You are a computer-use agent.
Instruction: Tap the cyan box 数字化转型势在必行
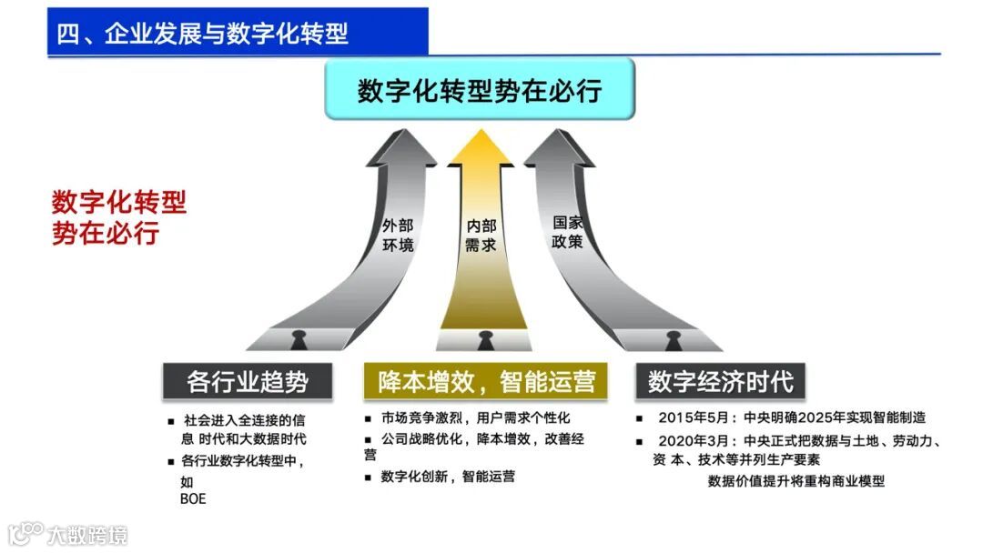pos(480,90)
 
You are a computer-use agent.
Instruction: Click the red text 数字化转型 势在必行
pos(118,217)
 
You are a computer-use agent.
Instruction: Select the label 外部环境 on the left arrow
pos(398,236)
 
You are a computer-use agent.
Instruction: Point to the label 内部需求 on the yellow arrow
pos(481,236)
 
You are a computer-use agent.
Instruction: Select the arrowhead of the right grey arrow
pos(559,147)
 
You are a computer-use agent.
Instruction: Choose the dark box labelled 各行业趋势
pos(247,381)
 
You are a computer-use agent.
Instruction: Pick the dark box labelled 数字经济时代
pos(720,381)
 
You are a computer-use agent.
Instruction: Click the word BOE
pos(193,498)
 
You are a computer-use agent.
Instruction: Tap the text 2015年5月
pos(694,418)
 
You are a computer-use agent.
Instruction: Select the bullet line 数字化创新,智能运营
pos(448,476)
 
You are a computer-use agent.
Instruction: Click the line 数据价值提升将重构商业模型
pos(796,481)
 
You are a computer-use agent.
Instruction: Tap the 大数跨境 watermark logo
pos(68,534)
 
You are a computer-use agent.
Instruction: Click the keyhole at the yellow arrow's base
pos(484,341)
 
